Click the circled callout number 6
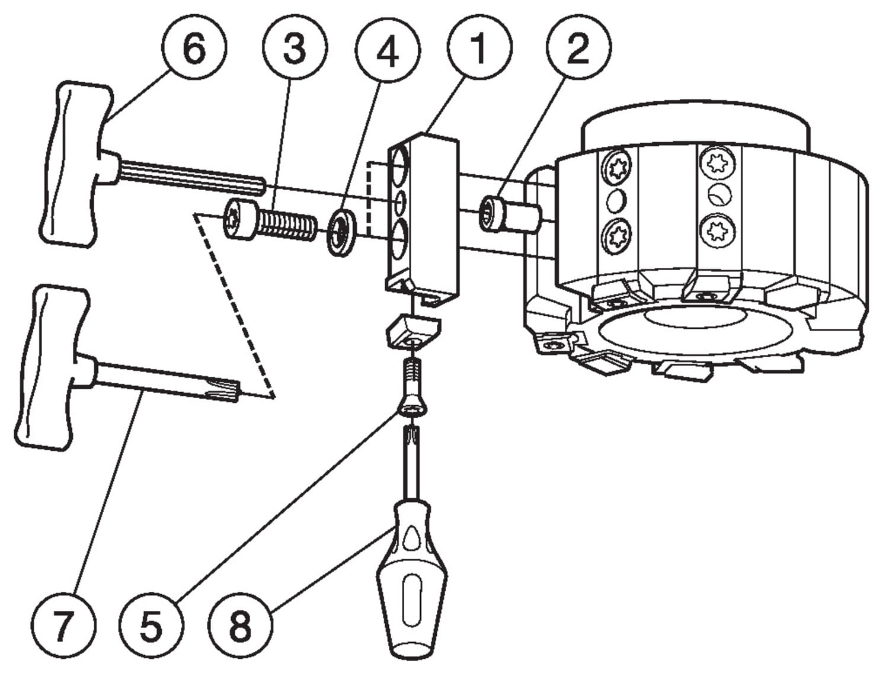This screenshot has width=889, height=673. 194,49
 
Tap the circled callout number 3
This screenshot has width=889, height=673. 295,49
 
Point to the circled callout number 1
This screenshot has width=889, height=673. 479,49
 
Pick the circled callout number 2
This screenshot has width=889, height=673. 578,49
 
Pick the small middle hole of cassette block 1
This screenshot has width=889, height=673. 399,202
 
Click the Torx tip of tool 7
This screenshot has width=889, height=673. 230,389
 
